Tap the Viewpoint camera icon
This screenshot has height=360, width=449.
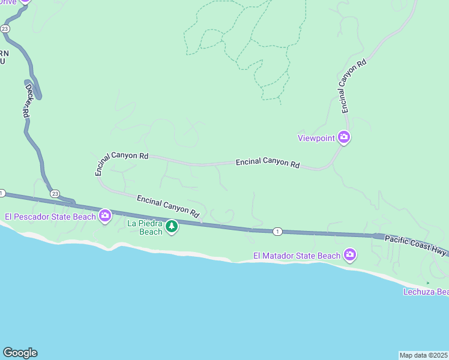pyautogui.click(x=344, y=137)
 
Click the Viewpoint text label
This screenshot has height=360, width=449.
pyautogui.click(x=316, y=138)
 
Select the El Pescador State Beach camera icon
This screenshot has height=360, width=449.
pyautogui.click(x=105, y=215)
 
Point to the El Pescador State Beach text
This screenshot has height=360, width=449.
pyautogui.click(x=50, y=216)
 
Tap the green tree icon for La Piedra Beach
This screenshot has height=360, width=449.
pyautogui.click(x=172, y=226)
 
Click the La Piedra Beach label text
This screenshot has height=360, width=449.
pyautogui.click(x=145, y=227)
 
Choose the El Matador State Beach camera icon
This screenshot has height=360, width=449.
pyautogui.click(x=350, y=256)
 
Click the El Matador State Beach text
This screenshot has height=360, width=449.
pyautogui.click(x=297, y=256)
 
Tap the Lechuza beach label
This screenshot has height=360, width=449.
pyautogui.click(x=426, y=292)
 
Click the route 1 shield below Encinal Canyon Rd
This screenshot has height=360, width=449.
pyautogui.click(x=277, y=231)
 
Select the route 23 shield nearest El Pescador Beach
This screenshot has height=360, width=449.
pyautogui.click(x=55, y=193)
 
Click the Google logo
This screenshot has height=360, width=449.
pyautogui.click(x=20, y=353)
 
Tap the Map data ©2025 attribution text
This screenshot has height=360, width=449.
pyautogui.click(x=424, y=355)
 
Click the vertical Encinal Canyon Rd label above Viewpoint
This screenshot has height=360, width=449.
pyautogui.click(x=352, y=86)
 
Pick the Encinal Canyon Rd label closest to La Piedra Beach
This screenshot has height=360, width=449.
pyautogui.click(x=167, y=206)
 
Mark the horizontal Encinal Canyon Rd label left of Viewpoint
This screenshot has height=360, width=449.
pyautogui.click(x=268, y=163)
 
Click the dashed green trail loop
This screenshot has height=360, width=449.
pyautogui.click(x=210, y=39)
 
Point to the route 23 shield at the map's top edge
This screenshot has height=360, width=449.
pyautogui.click(x=5, y=28)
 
